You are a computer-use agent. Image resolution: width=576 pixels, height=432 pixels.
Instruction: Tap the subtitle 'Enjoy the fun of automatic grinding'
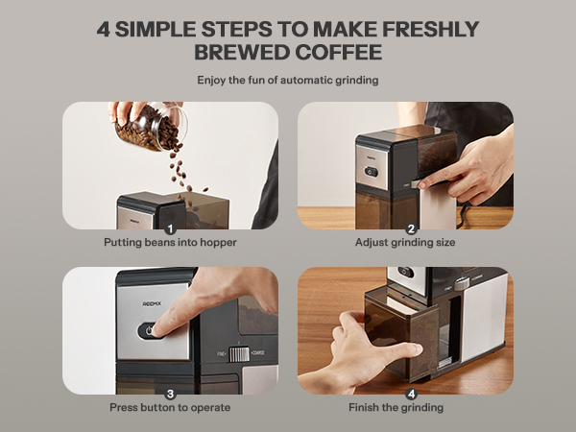tap(288, 81)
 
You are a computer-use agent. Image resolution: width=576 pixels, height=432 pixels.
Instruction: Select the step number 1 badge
tap(170, 229)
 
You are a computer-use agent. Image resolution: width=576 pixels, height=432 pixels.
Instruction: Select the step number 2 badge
tap(411, 229)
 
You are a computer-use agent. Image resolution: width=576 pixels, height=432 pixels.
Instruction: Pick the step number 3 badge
tap(170, 394)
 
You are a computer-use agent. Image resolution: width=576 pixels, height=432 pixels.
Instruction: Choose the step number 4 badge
tap(411, 394)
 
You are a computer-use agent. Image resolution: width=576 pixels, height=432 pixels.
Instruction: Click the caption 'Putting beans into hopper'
tap(170, 244)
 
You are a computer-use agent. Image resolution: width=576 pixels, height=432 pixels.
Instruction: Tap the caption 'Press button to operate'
tap(170, 408)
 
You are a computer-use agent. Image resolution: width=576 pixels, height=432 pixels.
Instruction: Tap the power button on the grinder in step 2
tap(371, 175)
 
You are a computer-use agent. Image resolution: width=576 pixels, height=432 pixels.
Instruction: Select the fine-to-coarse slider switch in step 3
tap(236, 354)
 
